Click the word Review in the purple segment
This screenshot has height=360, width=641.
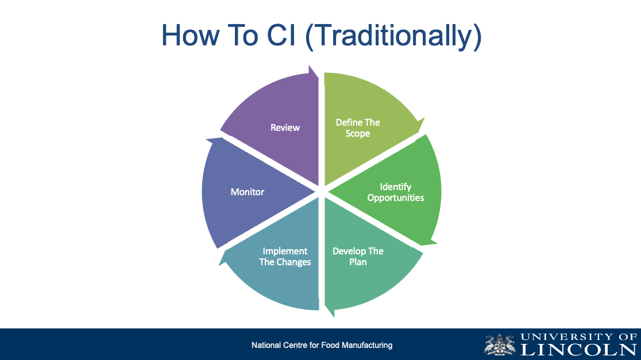[x=285, y=127]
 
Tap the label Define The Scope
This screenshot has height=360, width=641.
[x=358, y=128]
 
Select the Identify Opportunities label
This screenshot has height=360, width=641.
[x=396, y=192]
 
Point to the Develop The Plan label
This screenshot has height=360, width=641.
[x=358, y=257]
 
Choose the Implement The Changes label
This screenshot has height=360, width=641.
[x=285, y=257]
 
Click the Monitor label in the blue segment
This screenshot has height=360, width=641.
[x=248, y=192]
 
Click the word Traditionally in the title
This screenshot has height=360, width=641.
[x=392, y=36]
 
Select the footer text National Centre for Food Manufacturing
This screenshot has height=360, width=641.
[x=322, y=345]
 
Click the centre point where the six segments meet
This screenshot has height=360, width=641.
[x=321, y=191]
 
